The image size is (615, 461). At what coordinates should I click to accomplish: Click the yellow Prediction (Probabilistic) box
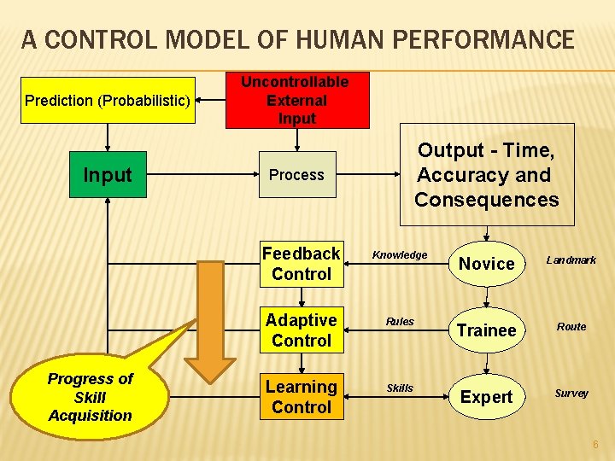[107, 101]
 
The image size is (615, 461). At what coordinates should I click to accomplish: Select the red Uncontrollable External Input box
[296, 101]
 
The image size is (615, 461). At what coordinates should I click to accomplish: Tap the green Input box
[108, 175]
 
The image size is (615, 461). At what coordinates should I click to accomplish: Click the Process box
[296, 175]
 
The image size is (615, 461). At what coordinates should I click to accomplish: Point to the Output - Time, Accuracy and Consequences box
[486, 175]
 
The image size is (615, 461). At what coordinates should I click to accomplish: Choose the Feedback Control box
[301, 264]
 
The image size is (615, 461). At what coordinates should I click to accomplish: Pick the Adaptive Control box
[301, 330]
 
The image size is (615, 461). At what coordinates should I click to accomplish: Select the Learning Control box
[301, 397]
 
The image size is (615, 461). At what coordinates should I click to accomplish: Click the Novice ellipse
[486, 264]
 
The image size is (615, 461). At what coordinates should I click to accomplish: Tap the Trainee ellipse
[486, 330]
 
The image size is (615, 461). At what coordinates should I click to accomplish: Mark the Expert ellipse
[486, 397]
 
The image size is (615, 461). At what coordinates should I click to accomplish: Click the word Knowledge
[400, 255]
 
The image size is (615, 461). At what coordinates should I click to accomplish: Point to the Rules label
[400, 322]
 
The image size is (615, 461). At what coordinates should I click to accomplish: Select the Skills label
[400, 388]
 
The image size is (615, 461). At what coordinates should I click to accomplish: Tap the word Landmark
[571, 260]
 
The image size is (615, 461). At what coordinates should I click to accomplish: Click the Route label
[571, 327]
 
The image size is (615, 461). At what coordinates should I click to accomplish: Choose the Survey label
[571, 394]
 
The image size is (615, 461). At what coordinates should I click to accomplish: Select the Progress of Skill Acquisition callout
[91, 398]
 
